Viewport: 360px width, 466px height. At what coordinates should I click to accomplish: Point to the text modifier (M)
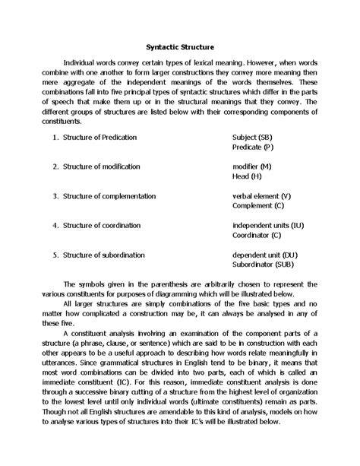[x=252, y=165]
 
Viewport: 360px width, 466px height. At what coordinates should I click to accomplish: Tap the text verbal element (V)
[x=261, y=195]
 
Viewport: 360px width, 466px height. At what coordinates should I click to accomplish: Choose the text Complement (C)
[x=258, y=205]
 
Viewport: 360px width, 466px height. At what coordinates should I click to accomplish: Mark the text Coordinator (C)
[x=257, y=235]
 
